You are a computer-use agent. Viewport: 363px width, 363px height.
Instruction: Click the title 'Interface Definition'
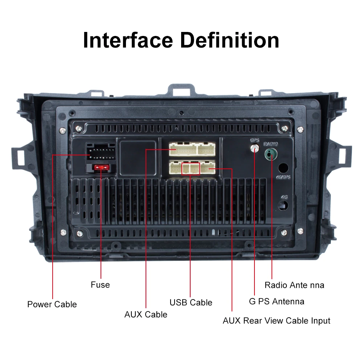[181, 40]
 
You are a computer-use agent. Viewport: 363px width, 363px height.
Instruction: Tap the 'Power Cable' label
[52, 304]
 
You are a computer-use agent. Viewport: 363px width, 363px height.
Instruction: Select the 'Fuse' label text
[100, 285]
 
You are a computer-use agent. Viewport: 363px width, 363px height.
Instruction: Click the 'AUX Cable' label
[146, 314]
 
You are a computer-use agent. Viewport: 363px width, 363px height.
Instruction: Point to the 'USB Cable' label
[191, 302]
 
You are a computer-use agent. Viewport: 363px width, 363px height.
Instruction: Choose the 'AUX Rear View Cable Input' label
[276, 321]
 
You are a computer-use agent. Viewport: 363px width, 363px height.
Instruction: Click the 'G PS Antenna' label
[277, 301]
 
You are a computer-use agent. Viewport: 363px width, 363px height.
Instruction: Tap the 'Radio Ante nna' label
[294, 285]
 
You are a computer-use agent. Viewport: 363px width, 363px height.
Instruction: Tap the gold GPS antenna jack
[255, 148]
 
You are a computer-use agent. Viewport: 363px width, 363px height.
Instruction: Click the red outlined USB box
[191, 168]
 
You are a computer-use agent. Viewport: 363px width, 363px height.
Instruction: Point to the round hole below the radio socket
[284, 168]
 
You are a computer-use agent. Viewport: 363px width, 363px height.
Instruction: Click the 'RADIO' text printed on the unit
[271, 144]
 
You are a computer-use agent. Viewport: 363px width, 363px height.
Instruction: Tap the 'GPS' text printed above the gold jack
[254, 140]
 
